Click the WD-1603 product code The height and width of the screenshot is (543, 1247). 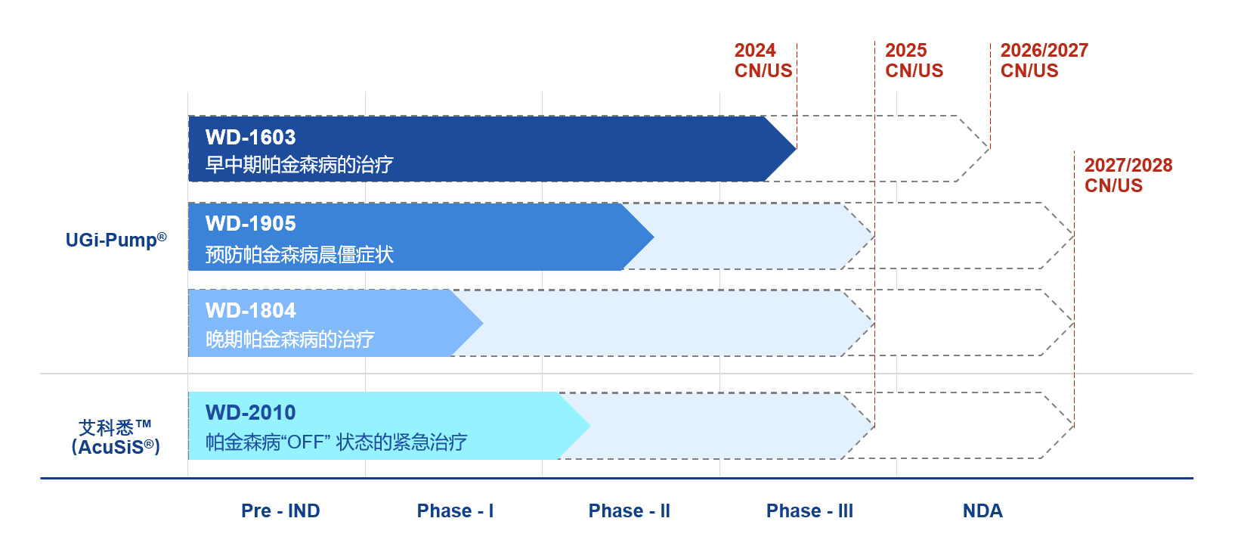point(250,138)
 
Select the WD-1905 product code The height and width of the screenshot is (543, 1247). point(250,224)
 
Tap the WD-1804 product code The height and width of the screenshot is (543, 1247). point(250,311)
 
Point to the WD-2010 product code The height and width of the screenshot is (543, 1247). point(250,413)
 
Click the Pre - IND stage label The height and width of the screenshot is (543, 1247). point(280,511)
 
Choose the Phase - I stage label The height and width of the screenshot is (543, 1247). point(455,511)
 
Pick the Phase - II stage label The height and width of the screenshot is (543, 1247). point(629,511)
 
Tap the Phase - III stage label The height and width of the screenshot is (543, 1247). point(809,511)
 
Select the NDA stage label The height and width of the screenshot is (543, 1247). point(982,511)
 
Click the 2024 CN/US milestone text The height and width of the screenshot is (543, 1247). point(763,61)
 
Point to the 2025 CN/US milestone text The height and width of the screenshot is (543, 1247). point(914,61)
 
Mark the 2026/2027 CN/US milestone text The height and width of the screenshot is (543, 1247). point(1044,61)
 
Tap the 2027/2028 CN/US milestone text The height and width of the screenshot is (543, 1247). point(1128,175)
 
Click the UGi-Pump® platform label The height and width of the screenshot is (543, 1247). point(116,240)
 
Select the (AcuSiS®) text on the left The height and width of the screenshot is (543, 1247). point(116,447)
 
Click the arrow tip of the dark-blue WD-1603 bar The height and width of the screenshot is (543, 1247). point(794,148)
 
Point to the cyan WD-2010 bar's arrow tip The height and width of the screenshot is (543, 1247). point(587,426)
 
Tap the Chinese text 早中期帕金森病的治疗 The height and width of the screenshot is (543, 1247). point(299,165)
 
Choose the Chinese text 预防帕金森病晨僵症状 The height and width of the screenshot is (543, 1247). point(299,255)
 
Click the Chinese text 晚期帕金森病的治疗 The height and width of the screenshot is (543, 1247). point(289,340)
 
